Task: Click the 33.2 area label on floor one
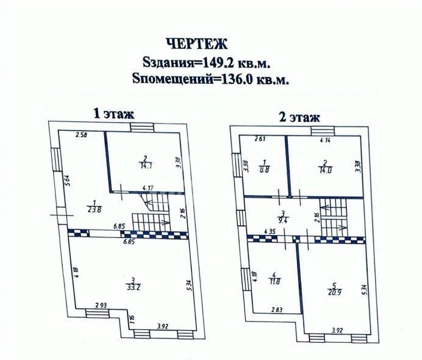(x=132, y=287)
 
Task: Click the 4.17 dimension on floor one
(x=148, y=188)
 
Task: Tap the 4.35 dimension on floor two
(x=262, y=231)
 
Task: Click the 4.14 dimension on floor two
(x=326, y=140)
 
